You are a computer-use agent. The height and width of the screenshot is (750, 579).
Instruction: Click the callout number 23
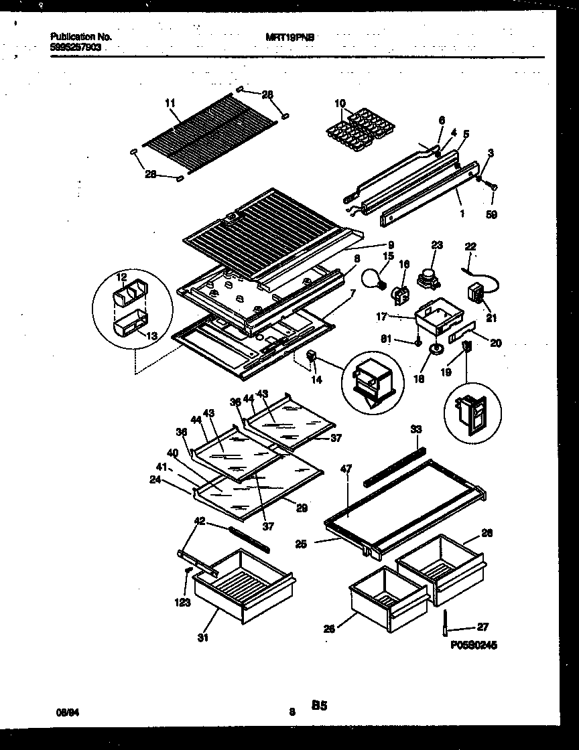click(x=437, y=246)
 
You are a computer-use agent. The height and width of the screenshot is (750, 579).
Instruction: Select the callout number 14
click(x=316, y=380)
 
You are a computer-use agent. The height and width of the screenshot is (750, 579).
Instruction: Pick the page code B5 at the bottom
click(x=319, y=705)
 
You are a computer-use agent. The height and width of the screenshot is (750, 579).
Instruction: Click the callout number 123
click(x=183, y=602)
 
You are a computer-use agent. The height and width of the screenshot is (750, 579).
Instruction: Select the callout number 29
click(x=301, y=508)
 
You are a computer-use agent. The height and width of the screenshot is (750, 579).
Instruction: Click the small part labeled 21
click(x=476, y=293)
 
